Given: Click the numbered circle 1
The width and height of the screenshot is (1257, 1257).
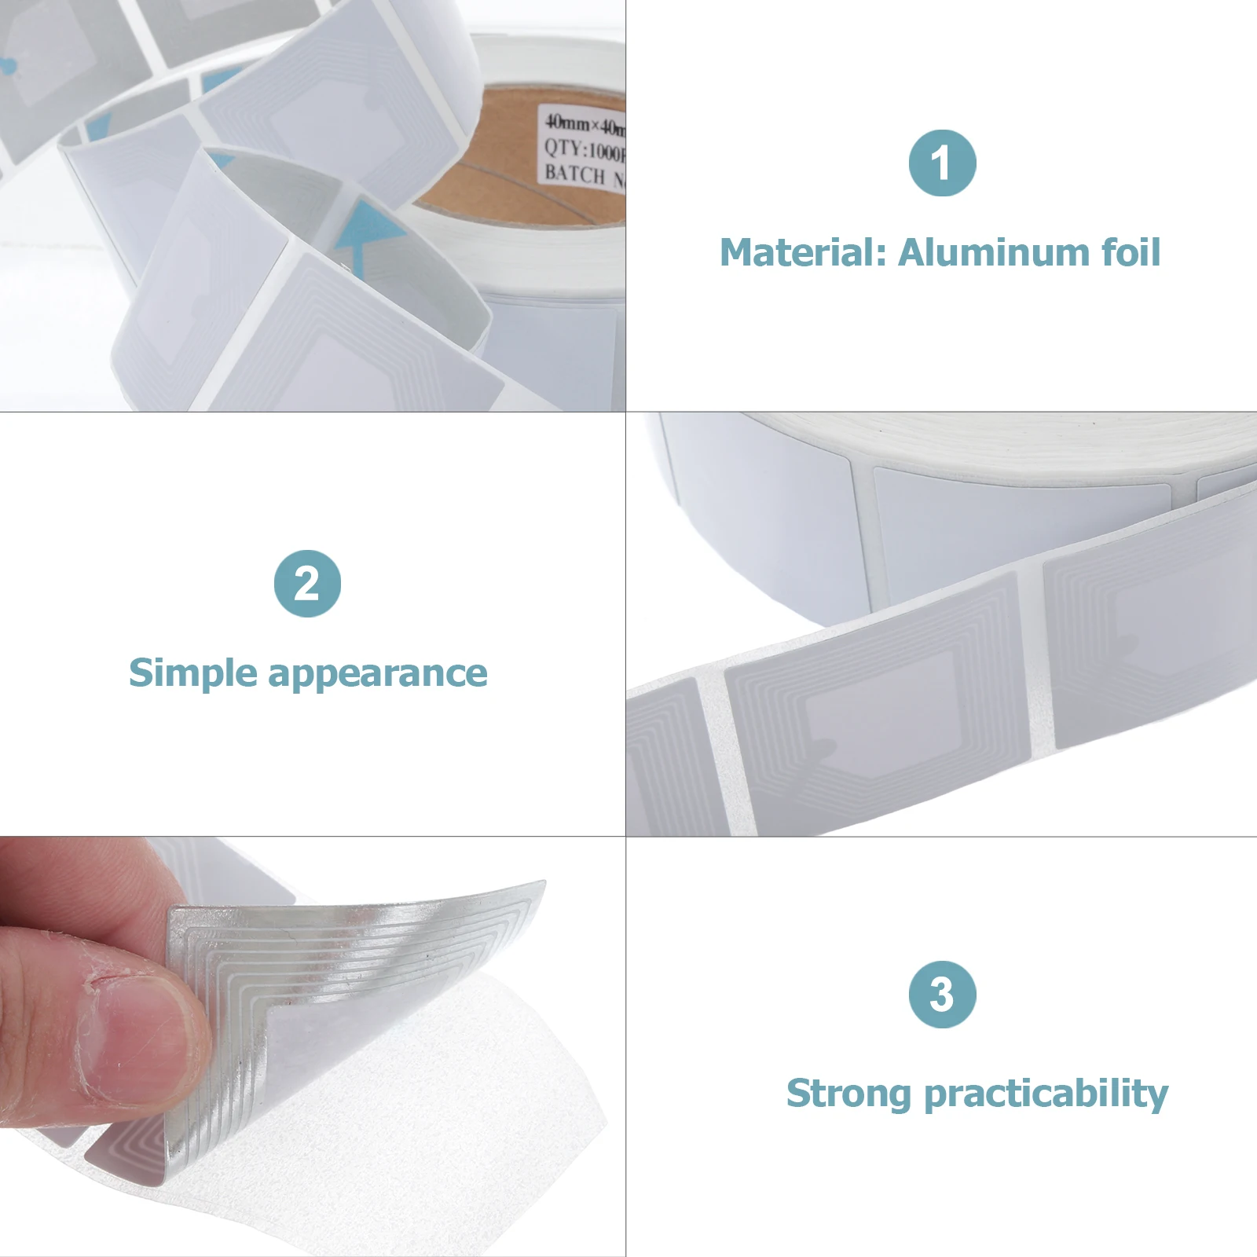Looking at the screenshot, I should click(x=942, y=163).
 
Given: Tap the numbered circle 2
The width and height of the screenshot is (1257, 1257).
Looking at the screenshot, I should click(x=307, y=584).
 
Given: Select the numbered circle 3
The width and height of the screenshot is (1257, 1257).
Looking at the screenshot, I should click(x=942, y=995).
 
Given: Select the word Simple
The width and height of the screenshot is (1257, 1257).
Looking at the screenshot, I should click(x=192, y=673).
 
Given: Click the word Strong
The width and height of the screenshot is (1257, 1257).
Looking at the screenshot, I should click(x=848, y=1093).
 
